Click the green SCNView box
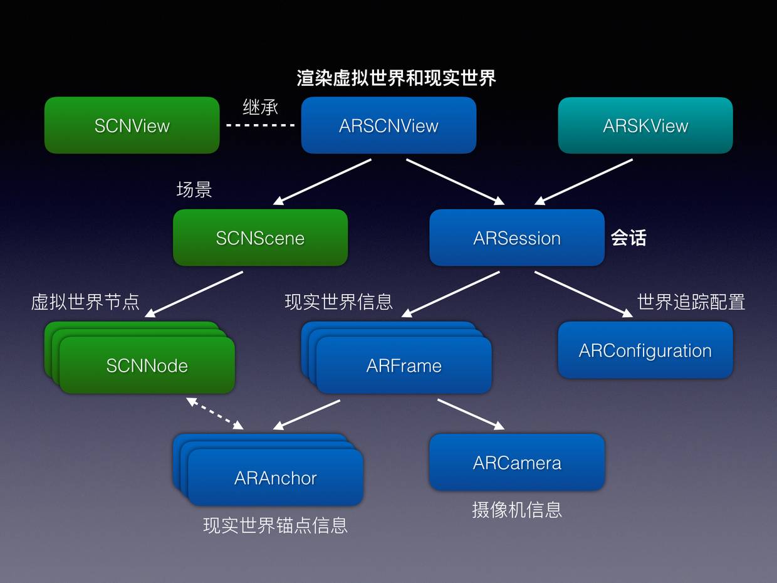132,125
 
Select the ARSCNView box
388,125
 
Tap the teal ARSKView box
645,125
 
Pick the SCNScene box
260,238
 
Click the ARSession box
517,238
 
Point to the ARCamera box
517,462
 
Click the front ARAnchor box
276,478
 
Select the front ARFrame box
404,365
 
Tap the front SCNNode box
147,365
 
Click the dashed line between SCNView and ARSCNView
260,125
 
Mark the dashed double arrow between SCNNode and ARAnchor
215,413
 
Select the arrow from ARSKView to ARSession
583,182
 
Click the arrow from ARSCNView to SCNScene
323,182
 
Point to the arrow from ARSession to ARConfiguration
583,294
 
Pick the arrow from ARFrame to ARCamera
471,414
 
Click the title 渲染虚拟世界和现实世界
396,78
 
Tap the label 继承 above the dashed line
260,107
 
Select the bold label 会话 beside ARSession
628,238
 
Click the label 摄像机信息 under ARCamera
517,510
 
